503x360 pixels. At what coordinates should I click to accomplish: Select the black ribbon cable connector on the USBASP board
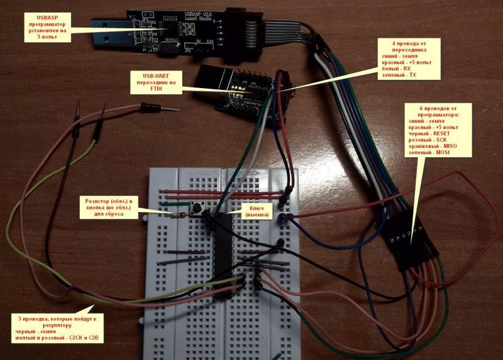[238, 28]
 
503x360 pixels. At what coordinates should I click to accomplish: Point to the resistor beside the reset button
[179, 214]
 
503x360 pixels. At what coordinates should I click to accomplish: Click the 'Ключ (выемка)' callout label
[256, 211]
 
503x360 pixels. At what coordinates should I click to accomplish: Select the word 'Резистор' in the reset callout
[97, 201]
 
